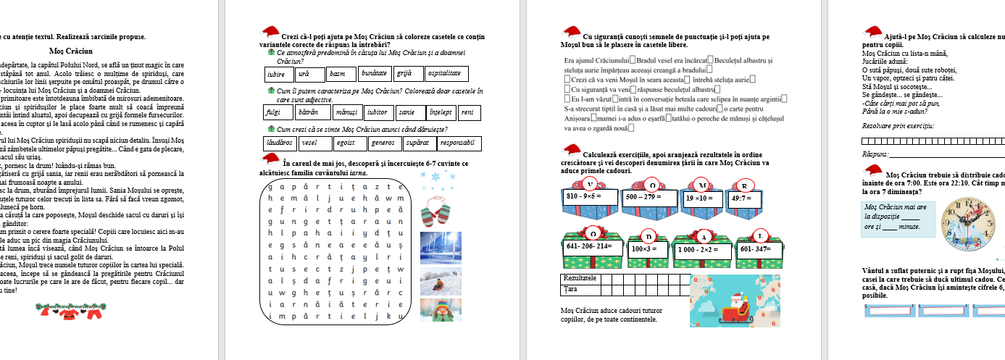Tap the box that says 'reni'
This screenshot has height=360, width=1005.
pyautogui.click(x=469, y=112)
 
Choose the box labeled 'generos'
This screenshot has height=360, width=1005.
pyautogui.click(x=383, y=143)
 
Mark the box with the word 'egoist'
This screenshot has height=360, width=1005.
pyautogui.click(x=346, y=143)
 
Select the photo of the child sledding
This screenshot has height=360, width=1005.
pyautogui.click(x=441, y=280)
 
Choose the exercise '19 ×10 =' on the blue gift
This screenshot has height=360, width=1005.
pyautogui.click(x=701, y=197)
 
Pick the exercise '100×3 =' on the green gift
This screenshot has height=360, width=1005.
pyautogui.click(x=645, y=249)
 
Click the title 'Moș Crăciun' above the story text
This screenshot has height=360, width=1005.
pyautogui.click(x=70, y=51)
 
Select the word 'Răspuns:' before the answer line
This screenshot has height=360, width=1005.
pyautogui.click(x=875, y=154)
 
